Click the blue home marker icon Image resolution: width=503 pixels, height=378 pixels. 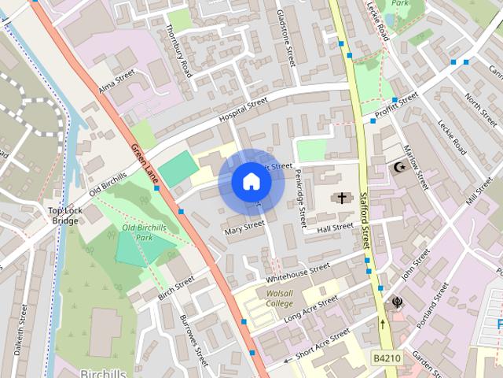[x=251, y=182]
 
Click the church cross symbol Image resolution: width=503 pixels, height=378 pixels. [x=341, y=198]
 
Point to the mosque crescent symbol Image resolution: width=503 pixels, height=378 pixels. [x=399, y=168]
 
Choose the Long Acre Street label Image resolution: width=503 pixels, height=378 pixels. [x=311, y=308]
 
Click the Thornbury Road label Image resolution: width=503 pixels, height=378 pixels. [x=179, y=50]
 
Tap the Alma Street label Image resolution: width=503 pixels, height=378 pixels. [x=117, y=81]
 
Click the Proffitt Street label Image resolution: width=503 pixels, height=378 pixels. [x=397, y=100]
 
